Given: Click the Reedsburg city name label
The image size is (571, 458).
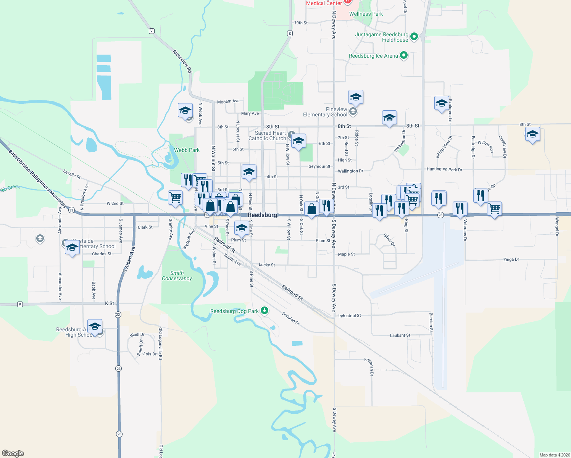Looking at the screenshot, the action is (x=262, y=215).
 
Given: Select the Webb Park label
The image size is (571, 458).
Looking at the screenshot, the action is (x=187, y=150).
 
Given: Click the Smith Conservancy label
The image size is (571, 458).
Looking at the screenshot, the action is (x=177, y=276).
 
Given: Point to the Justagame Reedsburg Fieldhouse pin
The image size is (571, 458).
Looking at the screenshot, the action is (x=414, y=37).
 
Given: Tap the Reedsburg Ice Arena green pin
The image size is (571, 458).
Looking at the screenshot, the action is (x=404, y=56).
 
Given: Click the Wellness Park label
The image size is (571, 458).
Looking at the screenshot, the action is (x=366, y=14).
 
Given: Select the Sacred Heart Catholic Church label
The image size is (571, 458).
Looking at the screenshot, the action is (x=267, y=135).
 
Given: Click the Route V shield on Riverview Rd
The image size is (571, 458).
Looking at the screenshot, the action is (x=152, y=31).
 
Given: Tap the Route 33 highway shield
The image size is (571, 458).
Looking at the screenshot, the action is (x=71, y=210).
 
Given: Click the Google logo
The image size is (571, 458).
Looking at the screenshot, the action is (x=13, y=453).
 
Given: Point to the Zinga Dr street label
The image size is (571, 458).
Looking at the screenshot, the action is (x=511, y=260).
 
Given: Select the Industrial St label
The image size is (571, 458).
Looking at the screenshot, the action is (x=349, y=316).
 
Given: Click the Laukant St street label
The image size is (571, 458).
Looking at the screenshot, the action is (x=400, y=335).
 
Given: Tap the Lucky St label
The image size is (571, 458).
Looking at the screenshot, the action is (x=266, y=264).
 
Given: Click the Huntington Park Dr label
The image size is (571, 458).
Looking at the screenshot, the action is (x=444, y=169).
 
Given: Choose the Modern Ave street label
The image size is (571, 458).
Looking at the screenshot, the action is (x=228, y=101).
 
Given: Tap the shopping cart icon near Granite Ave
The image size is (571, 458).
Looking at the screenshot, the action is (x=175, y=198).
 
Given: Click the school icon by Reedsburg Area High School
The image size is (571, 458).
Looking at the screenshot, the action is (x=95, y=326).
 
